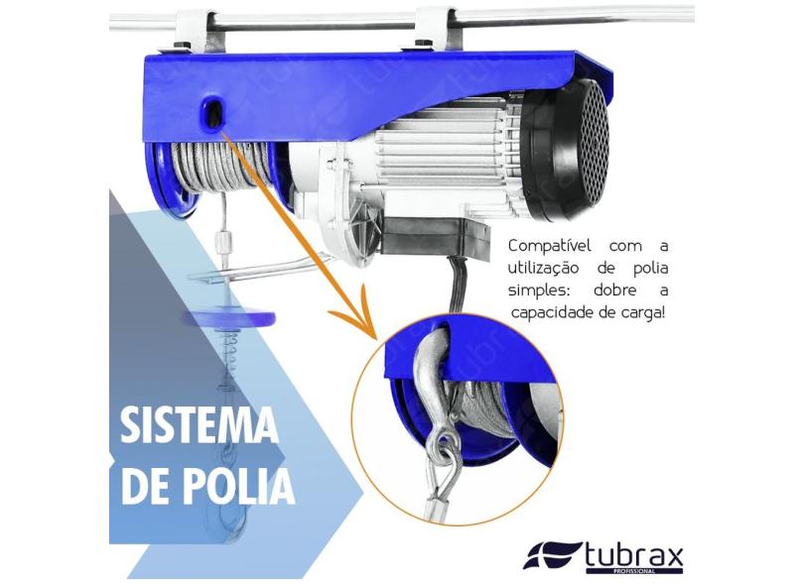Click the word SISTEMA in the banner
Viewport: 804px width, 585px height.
coord(200,424)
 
